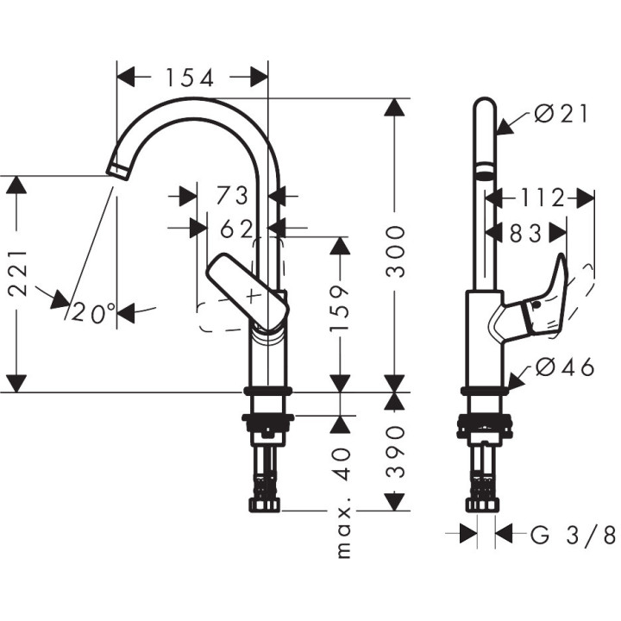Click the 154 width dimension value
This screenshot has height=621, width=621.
191,78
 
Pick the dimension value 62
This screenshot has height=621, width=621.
235,229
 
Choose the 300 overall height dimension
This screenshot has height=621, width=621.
396,251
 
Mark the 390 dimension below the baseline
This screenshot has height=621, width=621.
396,451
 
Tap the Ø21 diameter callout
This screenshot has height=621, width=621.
560,114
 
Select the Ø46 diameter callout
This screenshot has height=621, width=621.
564,368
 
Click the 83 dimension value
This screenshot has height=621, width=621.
525,232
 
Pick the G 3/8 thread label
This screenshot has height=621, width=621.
572,536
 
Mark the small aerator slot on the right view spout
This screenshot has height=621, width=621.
485,170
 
